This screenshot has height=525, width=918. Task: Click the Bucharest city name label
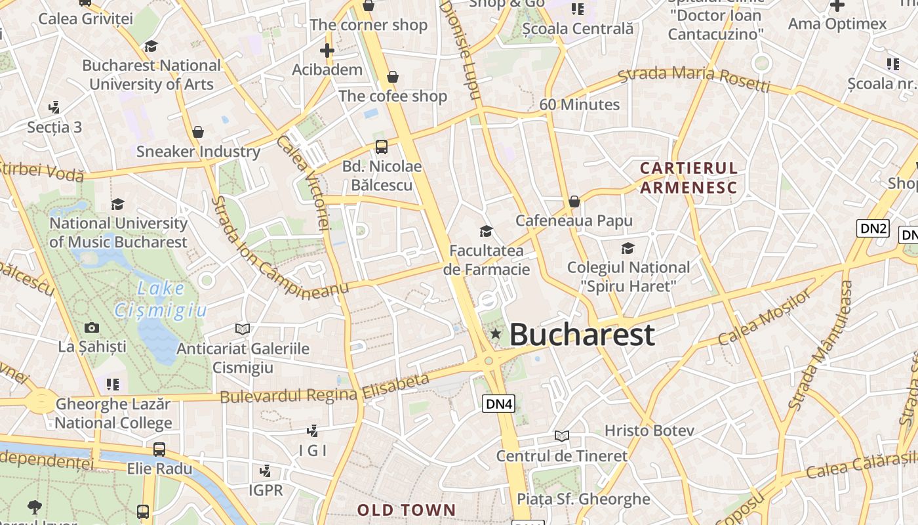582,335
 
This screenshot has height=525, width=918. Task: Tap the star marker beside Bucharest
496,335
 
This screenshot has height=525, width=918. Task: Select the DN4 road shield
498,404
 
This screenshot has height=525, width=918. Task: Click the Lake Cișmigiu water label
161,299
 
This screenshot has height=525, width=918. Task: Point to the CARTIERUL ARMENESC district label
688,178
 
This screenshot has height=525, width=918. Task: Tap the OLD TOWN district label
406,510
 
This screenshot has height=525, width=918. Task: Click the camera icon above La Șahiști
92,327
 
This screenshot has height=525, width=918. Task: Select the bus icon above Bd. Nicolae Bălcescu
382,146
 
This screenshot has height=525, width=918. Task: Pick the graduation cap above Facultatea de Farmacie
486,231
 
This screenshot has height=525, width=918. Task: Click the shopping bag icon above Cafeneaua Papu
574,201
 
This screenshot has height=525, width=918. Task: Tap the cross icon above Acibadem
327,51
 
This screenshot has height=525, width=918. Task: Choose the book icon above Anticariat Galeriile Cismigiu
243,329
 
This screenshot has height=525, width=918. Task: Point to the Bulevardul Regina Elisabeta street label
325,388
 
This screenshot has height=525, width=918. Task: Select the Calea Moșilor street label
764,318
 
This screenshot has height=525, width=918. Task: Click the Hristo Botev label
649,431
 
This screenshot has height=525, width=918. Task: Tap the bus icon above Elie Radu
159,450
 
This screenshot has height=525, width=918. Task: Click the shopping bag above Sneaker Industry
198,133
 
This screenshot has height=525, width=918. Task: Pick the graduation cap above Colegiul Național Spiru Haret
628,248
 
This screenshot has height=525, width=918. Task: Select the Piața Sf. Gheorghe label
584,499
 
